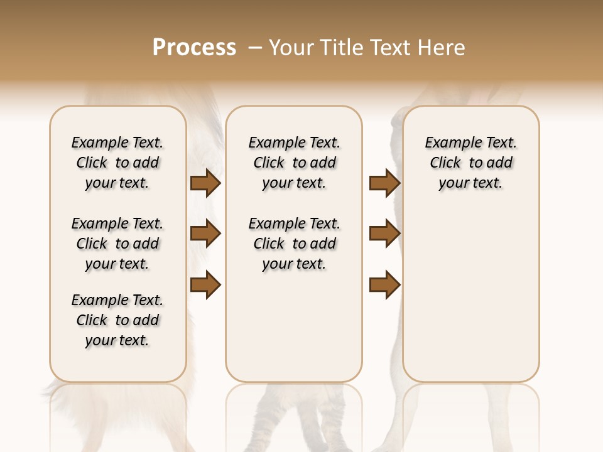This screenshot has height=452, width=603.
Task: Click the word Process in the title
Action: pos(194,48)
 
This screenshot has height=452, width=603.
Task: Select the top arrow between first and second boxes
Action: pos(205,183)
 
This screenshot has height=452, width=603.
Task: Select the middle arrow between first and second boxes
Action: pos(205,234)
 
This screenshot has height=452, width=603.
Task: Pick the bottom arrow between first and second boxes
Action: pos(205,285)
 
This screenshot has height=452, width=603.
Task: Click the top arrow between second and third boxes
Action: pos(384,183)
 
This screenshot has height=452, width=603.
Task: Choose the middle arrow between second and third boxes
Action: pos(384,234)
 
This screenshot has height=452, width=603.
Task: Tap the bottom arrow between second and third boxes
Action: pos(384,285)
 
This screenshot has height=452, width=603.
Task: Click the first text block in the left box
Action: pos(117,163)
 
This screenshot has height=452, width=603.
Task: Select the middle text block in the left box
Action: pos(117,244)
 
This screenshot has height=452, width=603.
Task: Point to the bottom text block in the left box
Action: pos(117,320)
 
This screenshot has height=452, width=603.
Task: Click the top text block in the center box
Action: pos(294,163)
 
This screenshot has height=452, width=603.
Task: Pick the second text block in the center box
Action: pos(294,244)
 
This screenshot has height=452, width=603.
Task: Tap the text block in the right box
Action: pos(470,163)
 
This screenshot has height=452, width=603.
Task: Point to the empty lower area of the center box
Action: pos(294,326)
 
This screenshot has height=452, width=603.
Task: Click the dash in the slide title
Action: pos(255,48)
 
